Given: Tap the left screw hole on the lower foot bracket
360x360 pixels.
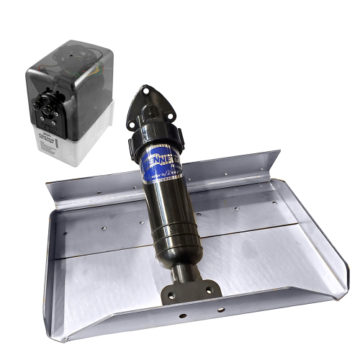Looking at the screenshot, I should [x=168, y=294].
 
